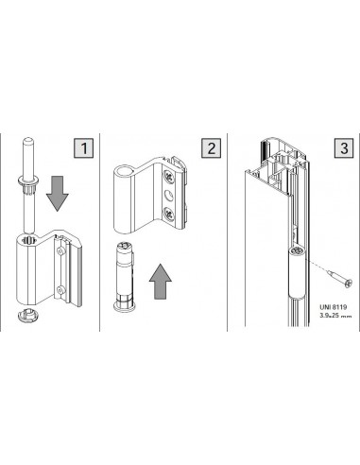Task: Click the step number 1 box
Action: tap(84, 147)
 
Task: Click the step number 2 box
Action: tap(211, 147)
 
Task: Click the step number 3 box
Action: tap(344, 147)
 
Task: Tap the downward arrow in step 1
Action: tap(58, 194)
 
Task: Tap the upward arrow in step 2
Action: tap(161, 282)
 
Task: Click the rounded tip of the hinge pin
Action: tap(28, 140)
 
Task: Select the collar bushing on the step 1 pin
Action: tap(28, 183)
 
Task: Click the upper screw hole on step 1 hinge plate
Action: tap(60, 250)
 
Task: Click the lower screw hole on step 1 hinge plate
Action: tap(60, 288)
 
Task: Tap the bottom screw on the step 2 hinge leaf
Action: tap(169, 215)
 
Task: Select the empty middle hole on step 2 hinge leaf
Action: tap(169, 197)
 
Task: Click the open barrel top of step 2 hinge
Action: tap(124, 172)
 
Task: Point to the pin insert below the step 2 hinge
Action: tap(125, 277)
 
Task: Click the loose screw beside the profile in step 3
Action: tap(339, 279)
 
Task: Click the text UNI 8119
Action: tap(334, 307)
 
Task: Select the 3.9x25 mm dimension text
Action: tap(335, 316)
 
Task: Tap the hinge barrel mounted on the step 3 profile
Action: tap(297, 272)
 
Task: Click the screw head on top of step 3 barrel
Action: tap(297, 251)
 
